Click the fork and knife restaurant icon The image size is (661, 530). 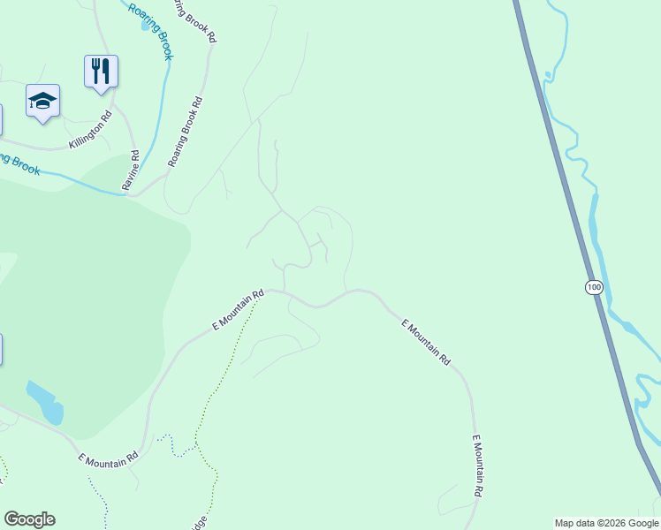[102, 70]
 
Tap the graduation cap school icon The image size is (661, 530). [42, 101]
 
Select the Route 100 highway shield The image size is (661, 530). [594, 287]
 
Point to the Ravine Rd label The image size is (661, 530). [132, 170]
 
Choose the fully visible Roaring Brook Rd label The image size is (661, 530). [186, 131]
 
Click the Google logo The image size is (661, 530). [29, 519]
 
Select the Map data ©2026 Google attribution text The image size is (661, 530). [607, 523]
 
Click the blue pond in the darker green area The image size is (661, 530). [44, 402]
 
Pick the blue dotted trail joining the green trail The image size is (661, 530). [177, 446]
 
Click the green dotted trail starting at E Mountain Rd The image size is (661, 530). [221, 371]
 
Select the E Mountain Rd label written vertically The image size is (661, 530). [477, 466]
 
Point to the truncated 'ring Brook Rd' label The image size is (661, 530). [194, 19]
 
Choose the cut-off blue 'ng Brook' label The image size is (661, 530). [19, 163]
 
